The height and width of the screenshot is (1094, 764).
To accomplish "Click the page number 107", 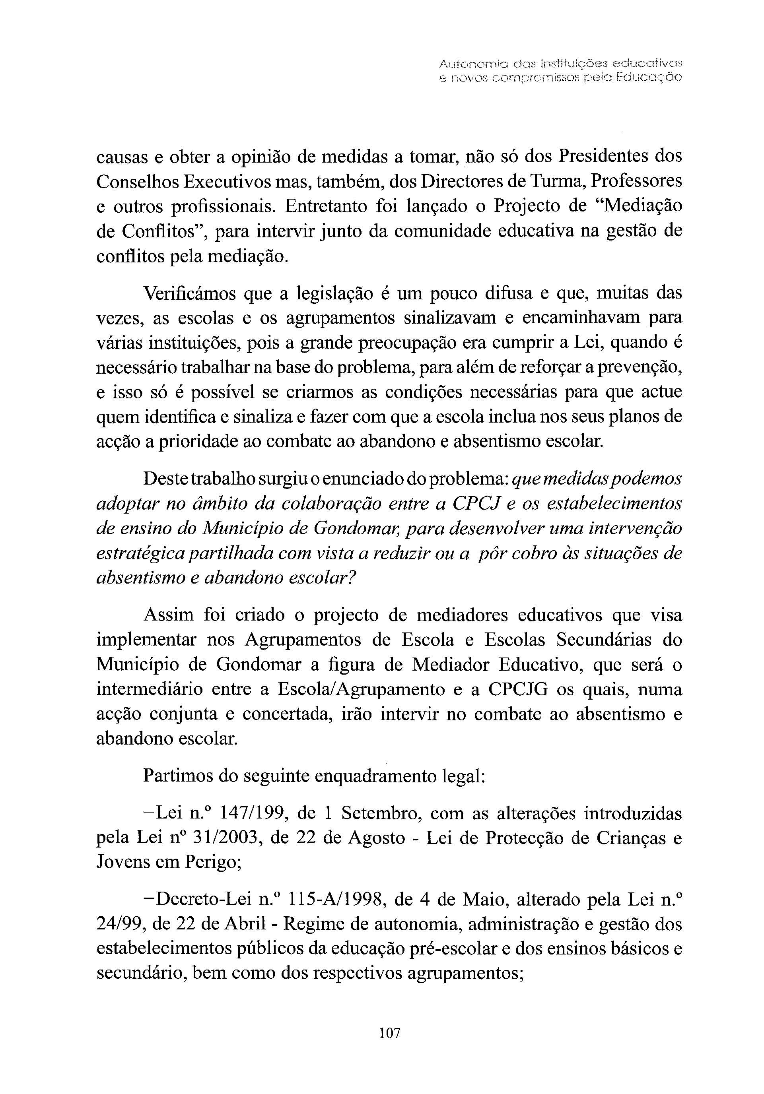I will tap(389, 1033).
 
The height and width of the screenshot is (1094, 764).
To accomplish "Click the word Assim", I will tap(169, 615).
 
